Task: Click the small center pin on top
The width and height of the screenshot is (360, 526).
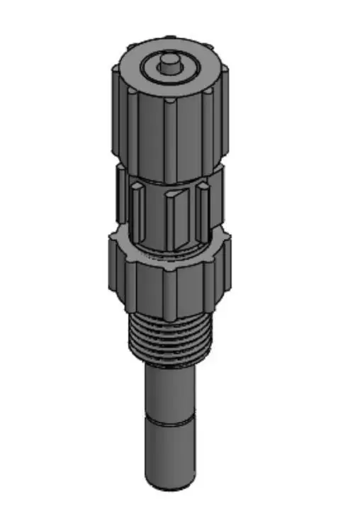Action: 169,62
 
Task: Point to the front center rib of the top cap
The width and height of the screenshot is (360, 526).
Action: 170,138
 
